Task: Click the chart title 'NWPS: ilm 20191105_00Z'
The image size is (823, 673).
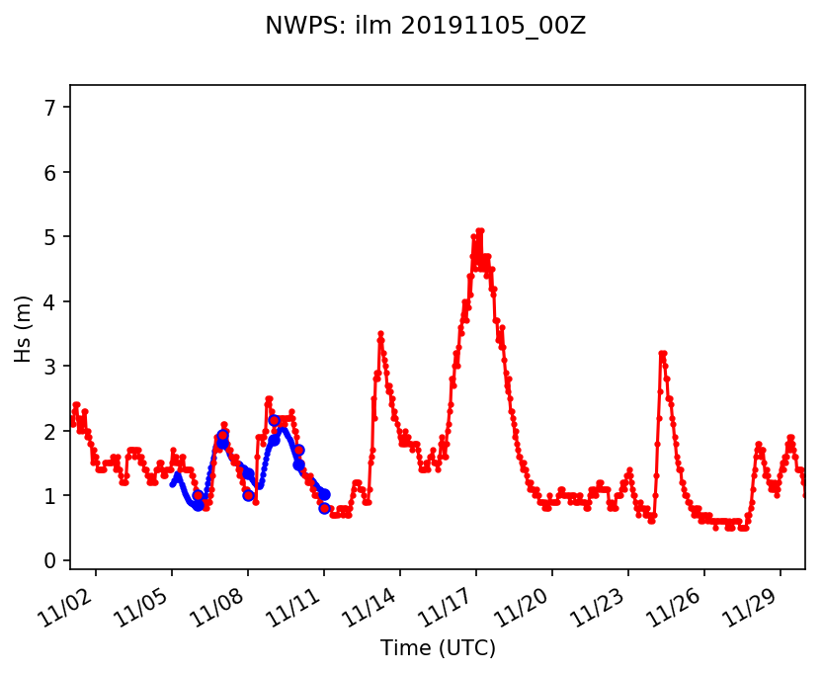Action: tap(425, 27)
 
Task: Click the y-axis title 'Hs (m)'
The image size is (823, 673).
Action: tap(23, 327)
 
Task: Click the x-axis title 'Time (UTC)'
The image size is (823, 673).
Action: tap(438, 648)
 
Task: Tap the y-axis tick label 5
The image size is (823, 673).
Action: tap(51, 236)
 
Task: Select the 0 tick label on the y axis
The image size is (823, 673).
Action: tap(51, 560)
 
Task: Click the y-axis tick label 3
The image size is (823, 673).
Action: tap(51, 366)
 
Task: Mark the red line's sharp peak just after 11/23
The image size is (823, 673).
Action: tap(662, 353)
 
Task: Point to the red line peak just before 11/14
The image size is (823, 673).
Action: tap(380, 334)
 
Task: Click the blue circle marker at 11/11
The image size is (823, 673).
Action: tap(324, 508)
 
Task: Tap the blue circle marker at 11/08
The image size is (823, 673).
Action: tap(248, 495)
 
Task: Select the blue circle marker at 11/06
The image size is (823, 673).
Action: tap(198, 495)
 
